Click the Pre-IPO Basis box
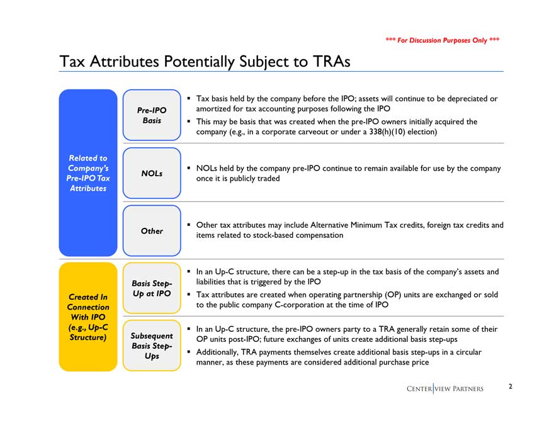click(x=152, y=115)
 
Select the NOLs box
click(x=152, y=173)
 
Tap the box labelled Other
click(x=152, y=231)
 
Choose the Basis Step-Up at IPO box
click(x=152, y=288)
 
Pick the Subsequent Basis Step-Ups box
click(x=152, y=346)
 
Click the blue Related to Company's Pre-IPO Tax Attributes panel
click(x=88, y=173)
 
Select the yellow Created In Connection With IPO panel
click(x=88, y=317)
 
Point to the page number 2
click(x=511, y=386)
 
